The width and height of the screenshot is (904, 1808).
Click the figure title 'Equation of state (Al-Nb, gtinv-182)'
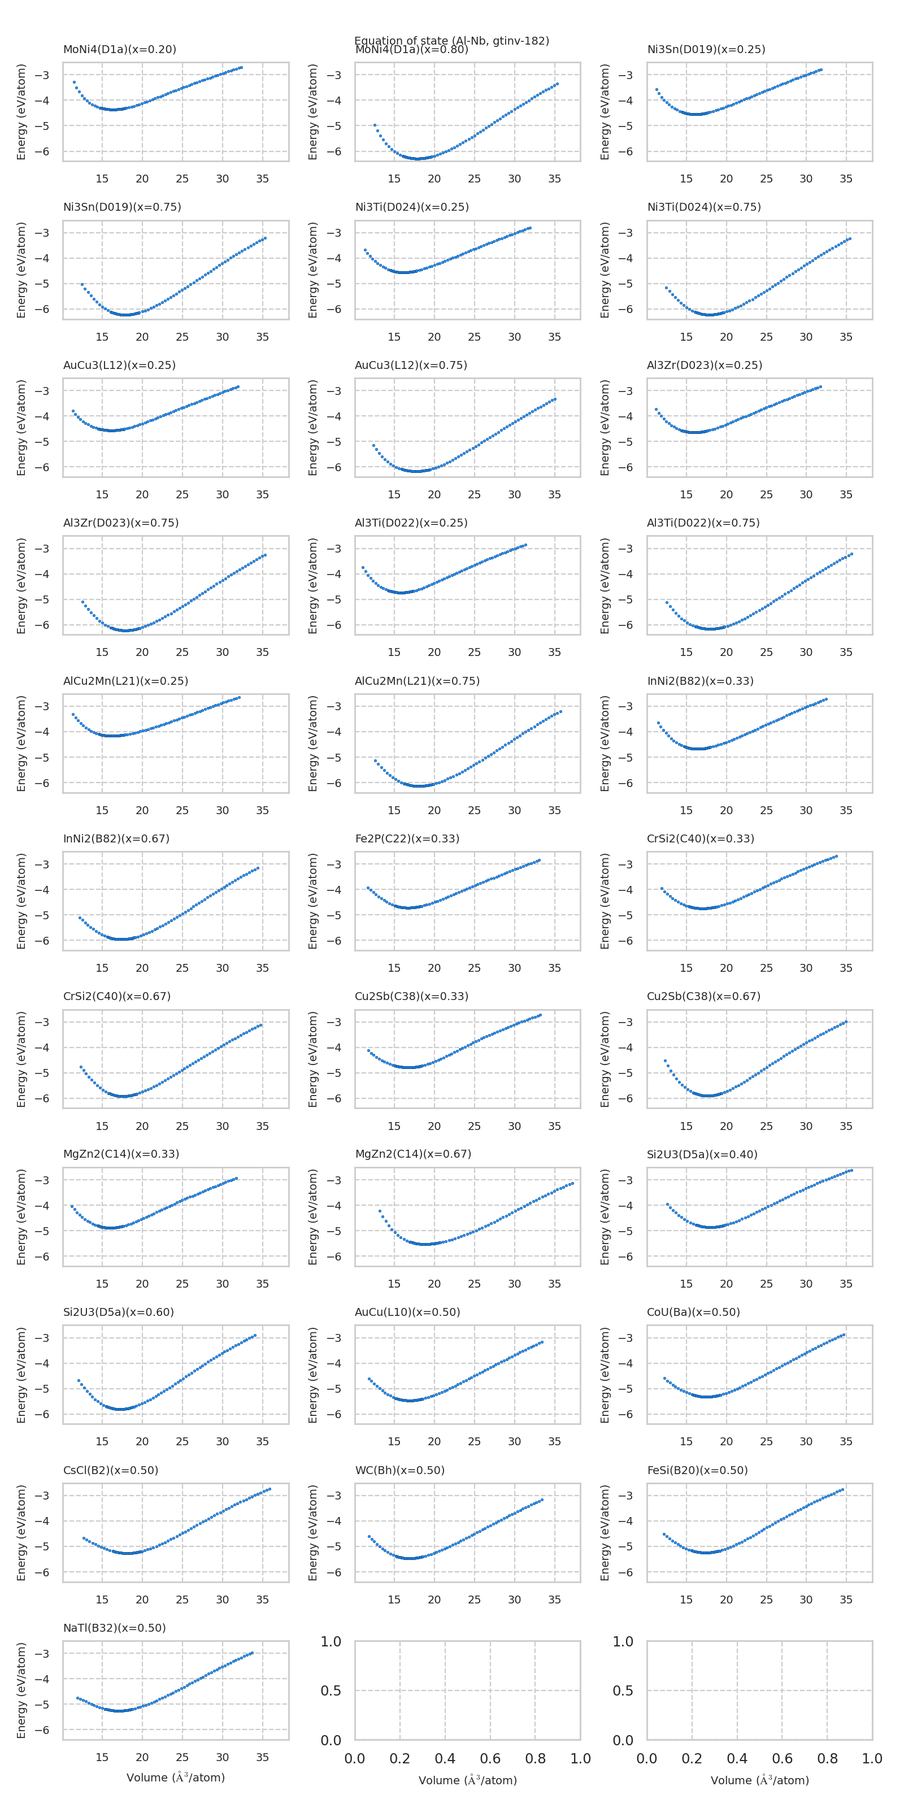(451, 40)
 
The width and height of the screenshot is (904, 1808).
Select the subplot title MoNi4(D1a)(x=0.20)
(119, 49)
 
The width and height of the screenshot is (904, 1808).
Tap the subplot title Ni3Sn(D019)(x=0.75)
(122, 207)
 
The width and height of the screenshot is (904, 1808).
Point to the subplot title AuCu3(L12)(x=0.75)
(411, 365)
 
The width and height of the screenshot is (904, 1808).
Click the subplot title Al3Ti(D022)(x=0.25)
(411, 523)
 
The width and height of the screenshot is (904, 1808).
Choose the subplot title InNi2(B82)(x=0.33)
(700, 681)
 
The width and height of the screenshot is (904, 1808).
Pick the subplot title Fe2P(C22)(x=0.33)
(407, 838)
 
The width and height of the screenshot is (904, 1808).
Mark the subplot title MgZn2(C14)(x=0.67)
(412, 1154)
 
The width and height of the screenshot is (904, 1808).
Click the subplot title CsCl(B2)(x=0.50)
(110, 1470)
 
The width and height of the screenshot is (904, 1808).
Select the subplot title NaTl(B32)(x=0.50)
(114, 1628)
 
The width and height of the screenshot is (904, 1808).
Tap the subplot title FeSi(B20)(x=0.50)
(697, 1470)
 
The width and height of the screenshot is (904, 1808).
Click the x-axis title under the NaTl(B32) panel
(176, 1777)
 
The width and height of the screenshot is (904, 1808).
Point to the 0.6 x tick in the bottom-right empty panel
(782, 1758)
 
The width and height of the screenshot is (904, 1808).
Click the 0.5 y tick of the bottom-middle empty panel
(331, 1690)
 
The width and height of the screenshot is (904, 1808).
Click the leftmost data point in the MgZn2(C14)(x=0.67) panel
(380, 1211)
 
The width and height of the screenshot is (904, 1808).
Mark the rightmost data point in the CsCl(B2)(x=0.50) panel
(270, 1489)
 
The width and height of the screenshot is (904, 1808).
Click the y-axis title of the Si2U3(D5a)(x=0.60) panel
(21, 1374)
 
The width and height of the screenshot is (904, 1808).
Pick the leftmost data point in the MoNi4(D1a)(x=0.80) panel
(375, 125)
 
